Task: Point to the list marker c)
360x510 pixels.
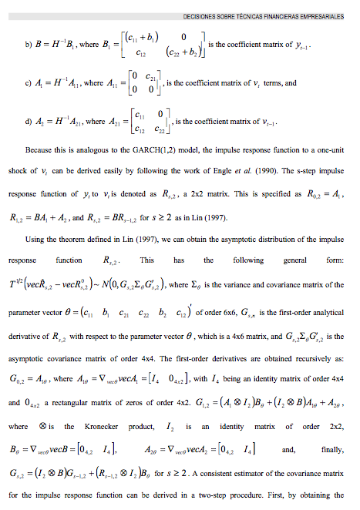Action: (29, 83)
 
